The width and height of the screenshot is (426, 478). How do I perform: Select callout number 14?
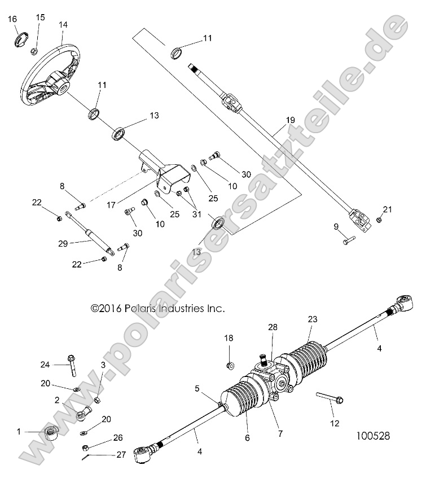tap(63, 25)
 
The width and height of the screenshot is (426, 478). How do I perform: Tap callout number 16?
tap(12, 20)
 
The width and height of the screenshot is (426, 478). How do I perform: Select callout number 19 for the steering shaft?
tap(290, 120)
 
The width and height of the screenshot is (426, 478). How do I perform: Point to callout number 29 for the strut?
tap(62, 243)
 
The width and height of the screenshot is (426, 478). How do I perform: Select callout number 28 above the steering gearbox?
tap(273, 328)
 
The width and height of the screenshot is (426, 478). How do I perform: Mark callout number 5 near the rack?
tap(197, 388)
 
